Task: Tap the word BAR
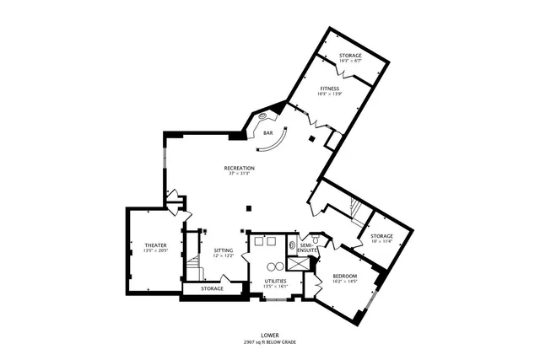tap(267, 133)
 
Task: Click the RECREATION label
tap(240, 168)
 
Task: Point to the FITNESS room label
tap(329, 88)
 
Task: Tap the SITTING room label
tap(224, 250)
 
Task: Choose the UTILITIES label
tap(275, 281)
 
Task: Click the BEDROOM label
tap(344, 277)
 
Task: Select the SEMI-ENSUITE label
tap(307, 248)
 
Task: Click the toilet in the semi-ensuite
tap(293, 246)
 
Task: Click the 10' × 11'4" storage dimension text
tap(382, 242)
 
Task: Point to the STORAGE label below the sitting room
tap(212, 289)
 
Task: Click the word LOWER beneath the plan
tap(270, 335)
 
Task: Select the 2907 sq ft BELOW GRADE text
tap(270, 341)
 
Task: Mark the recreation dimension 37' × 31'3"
tap(240, 174)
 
